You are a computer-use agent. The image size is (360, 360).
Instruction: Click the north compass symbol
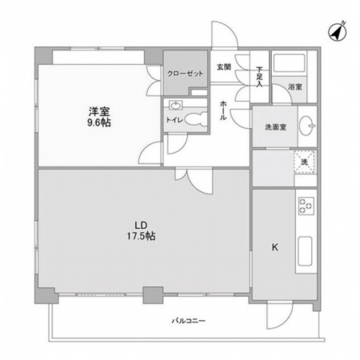click(x=337, y=32)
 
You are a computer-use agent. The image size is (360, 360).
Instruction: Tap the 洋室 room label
click(x=99, y=111)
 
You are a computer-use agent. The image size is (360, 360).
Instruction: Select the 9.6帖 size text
click(x=99, y=122)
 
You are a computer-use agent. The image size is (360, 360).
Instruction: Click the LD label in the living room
click(x=141, y=226)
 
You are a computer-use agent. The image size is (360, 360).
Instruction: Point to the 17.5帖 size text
click(x=141, y=236)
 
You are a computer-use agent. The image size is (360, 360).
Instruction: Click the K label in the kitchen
click(x=275, y=247)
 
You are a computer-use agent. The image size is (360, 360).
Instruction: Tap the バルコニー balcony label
click(x=189, y=321)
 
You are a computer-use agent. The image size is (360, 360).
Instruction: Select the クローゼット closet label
click(x=185, y=74)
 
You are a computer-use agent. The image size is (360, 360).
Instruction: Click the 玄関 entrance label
click(x=223, y=67)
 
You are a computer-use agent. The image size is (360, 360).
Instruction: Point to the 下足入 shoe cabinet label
click(x=259, y=77)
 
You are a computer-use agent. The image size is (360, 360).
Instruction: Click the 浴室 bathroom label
click(x=295, y=86)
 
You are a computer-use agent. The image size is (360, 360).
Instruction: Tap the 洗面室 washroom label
click(x=276, y=127)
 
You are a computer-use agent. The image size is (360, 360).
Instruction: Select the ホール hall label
click(x=223, y=110)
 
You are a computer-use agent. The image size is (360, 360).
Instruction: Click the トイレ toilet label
click(x=174, y=120)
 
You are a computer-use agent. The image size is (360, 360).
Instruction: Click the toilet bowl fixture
click(x=196, y=119)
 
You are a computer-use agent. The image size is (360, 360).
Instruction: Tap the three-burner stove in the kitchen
click(x=306, y=206)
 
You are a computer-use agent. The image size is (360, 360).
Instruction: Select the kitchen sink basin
click(x=305, y=251)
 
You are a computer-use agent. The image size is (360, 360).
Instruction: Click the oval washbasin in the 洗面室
click(x=306, y=126)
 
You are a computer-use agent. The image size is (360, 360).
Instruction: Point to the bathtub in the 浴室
click(x=289, y=63)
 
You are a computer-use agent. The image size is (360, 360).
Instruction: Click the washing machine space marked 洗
click(x=305, y=162)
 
